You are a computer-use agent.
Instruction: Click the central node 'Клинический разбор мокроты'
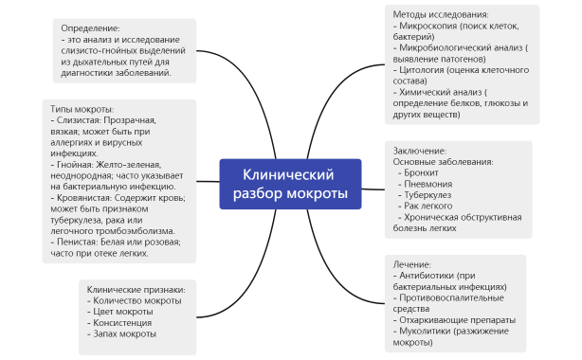290,184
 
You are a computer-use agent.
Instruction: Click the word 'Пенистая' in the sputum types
77,242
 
